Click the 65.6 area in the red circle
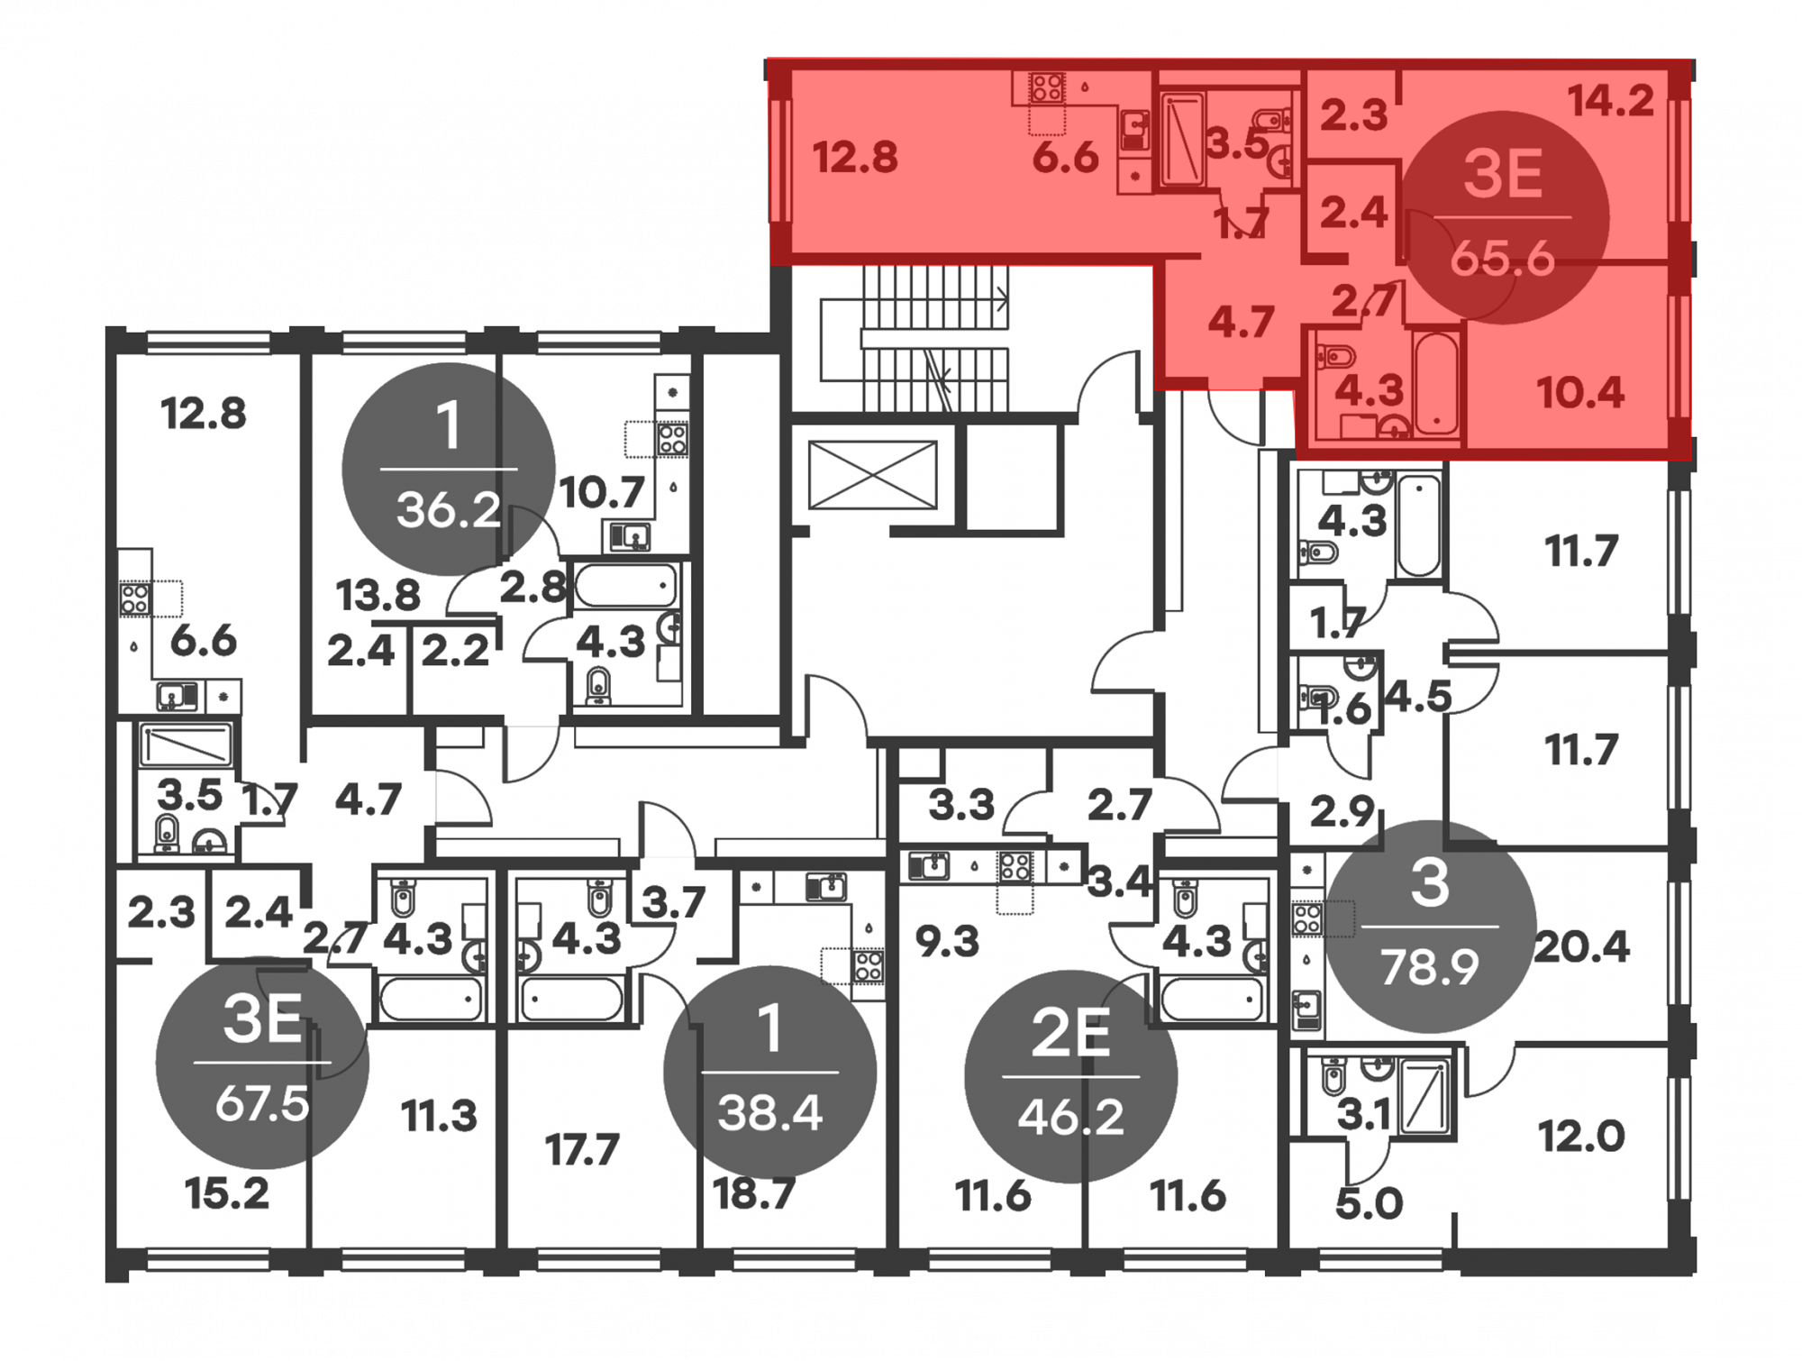pos(1502,260)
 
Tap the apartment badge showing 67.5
pos(262,1063)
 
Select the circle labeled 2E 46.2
pos(1070,1076)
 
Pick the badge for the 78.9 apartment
pos(1430,927)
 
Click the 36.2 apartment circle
pos(448,470)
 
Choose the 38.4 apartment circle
pos(769,1073)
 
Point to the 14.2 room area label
pos(1611,101)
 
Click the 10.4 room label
pos(1580,393)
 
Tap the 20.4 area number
pos(1581,947)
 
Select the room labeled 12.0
pos(1581,1137)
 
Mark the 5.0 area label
pos(1369,1203)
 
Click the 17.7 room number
pos(582,1150)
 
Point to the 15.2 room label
pos(227,1193)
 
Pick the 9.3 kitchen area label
pos(947,942)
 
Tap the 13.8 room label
pos(378,596)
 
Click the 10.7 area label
pos(602,493)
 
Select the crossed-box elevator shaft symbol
pos(872,474)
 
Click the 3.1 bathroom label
pos(1364,1116)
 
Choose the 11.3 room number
pos(439,1117)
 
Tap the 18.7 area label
pos(754,1194)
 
